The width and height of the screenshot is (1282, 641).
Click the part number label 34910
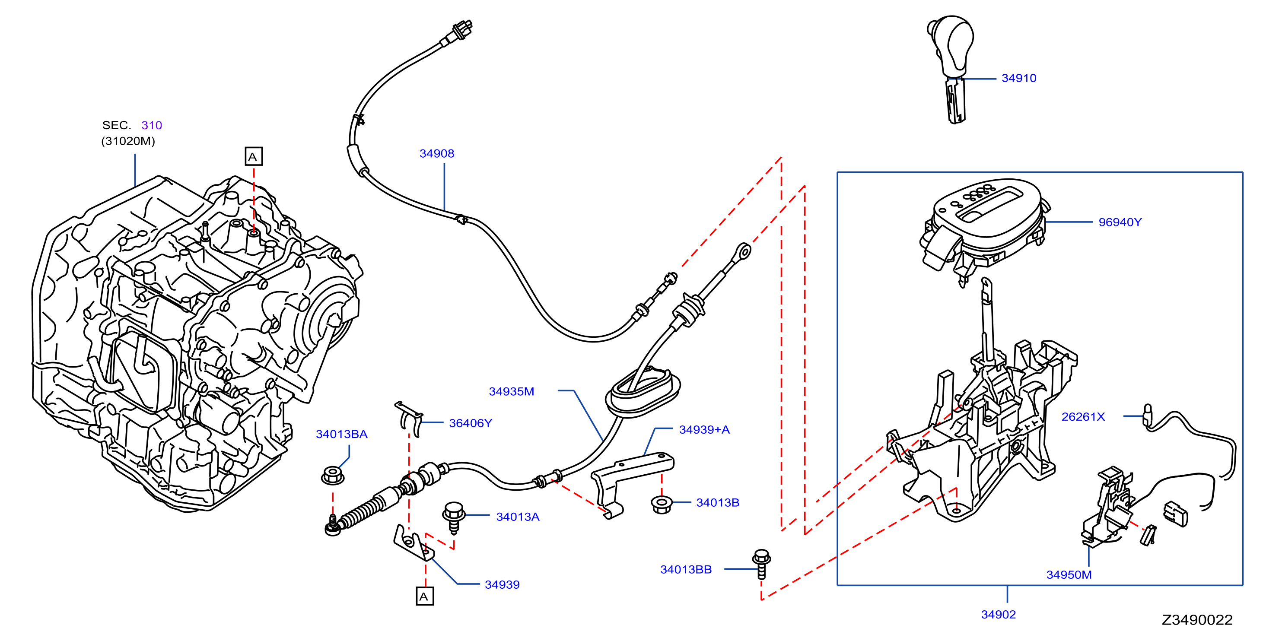1019,78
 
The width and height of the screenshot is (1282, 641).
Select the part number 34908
437,153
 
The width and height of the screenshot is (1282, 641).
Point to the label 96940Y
1120,222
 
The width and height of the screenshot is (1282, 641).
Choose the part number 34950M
1069,575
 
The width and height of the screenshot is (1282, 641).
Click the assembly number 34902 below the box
998,615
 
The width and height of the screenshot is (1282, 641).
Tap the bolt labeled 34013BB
762,564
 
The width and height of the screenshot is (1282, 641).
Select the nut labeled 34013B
662,504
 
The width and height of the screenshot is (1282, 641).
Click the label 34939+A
704,429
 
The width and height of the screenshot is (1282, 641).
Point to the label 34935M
512,392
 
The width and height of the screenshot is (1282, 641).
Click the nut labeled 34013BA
332,475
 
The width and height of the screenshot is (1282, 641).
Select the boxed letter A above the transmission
254,157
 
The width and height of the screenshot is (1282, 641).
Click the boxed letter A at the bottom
424,596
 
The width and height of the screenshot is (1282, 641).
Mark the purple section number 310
152,125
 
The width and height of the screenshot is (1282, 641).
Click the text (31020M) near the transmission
128,141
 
